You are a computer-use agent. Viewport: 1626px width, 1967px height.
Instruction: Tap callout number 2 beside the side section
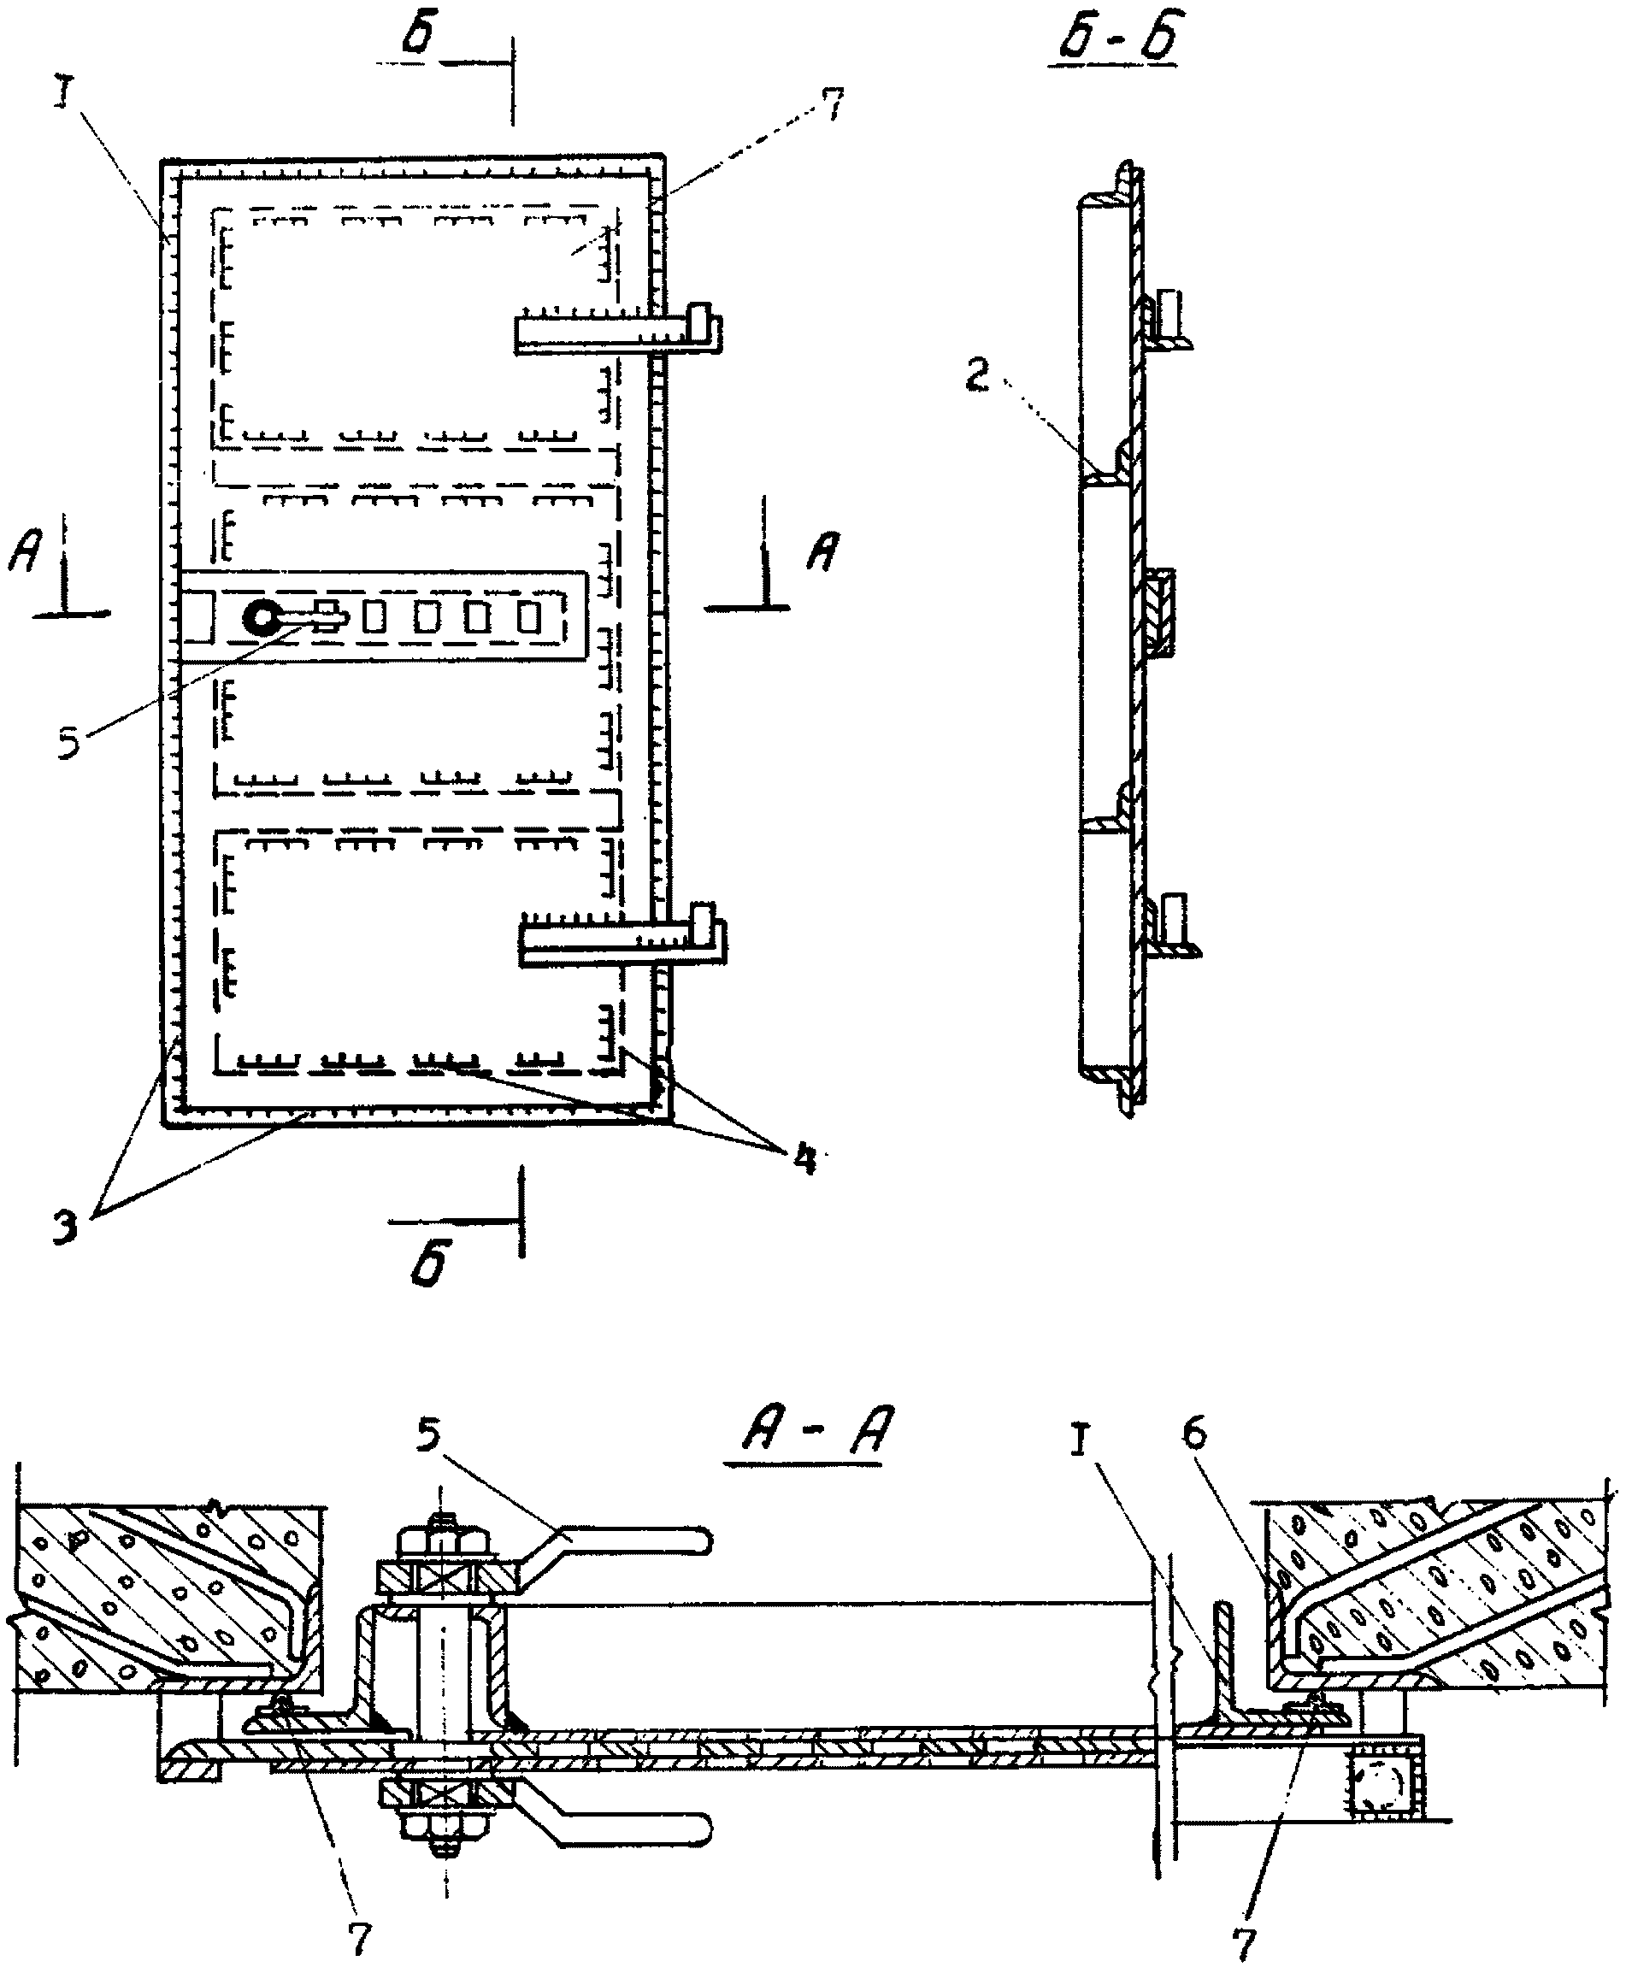[x=977, y=378]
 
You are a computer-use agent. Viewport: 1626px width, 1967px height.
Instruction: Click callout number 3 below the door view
[x=65, y=1226]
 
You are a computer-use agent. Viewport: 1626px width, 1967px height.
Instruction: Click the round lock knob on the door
[x=259, y=617]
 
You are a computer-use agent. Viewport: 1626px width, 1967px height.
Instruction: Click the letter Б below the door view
[x=430, y=1262]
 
